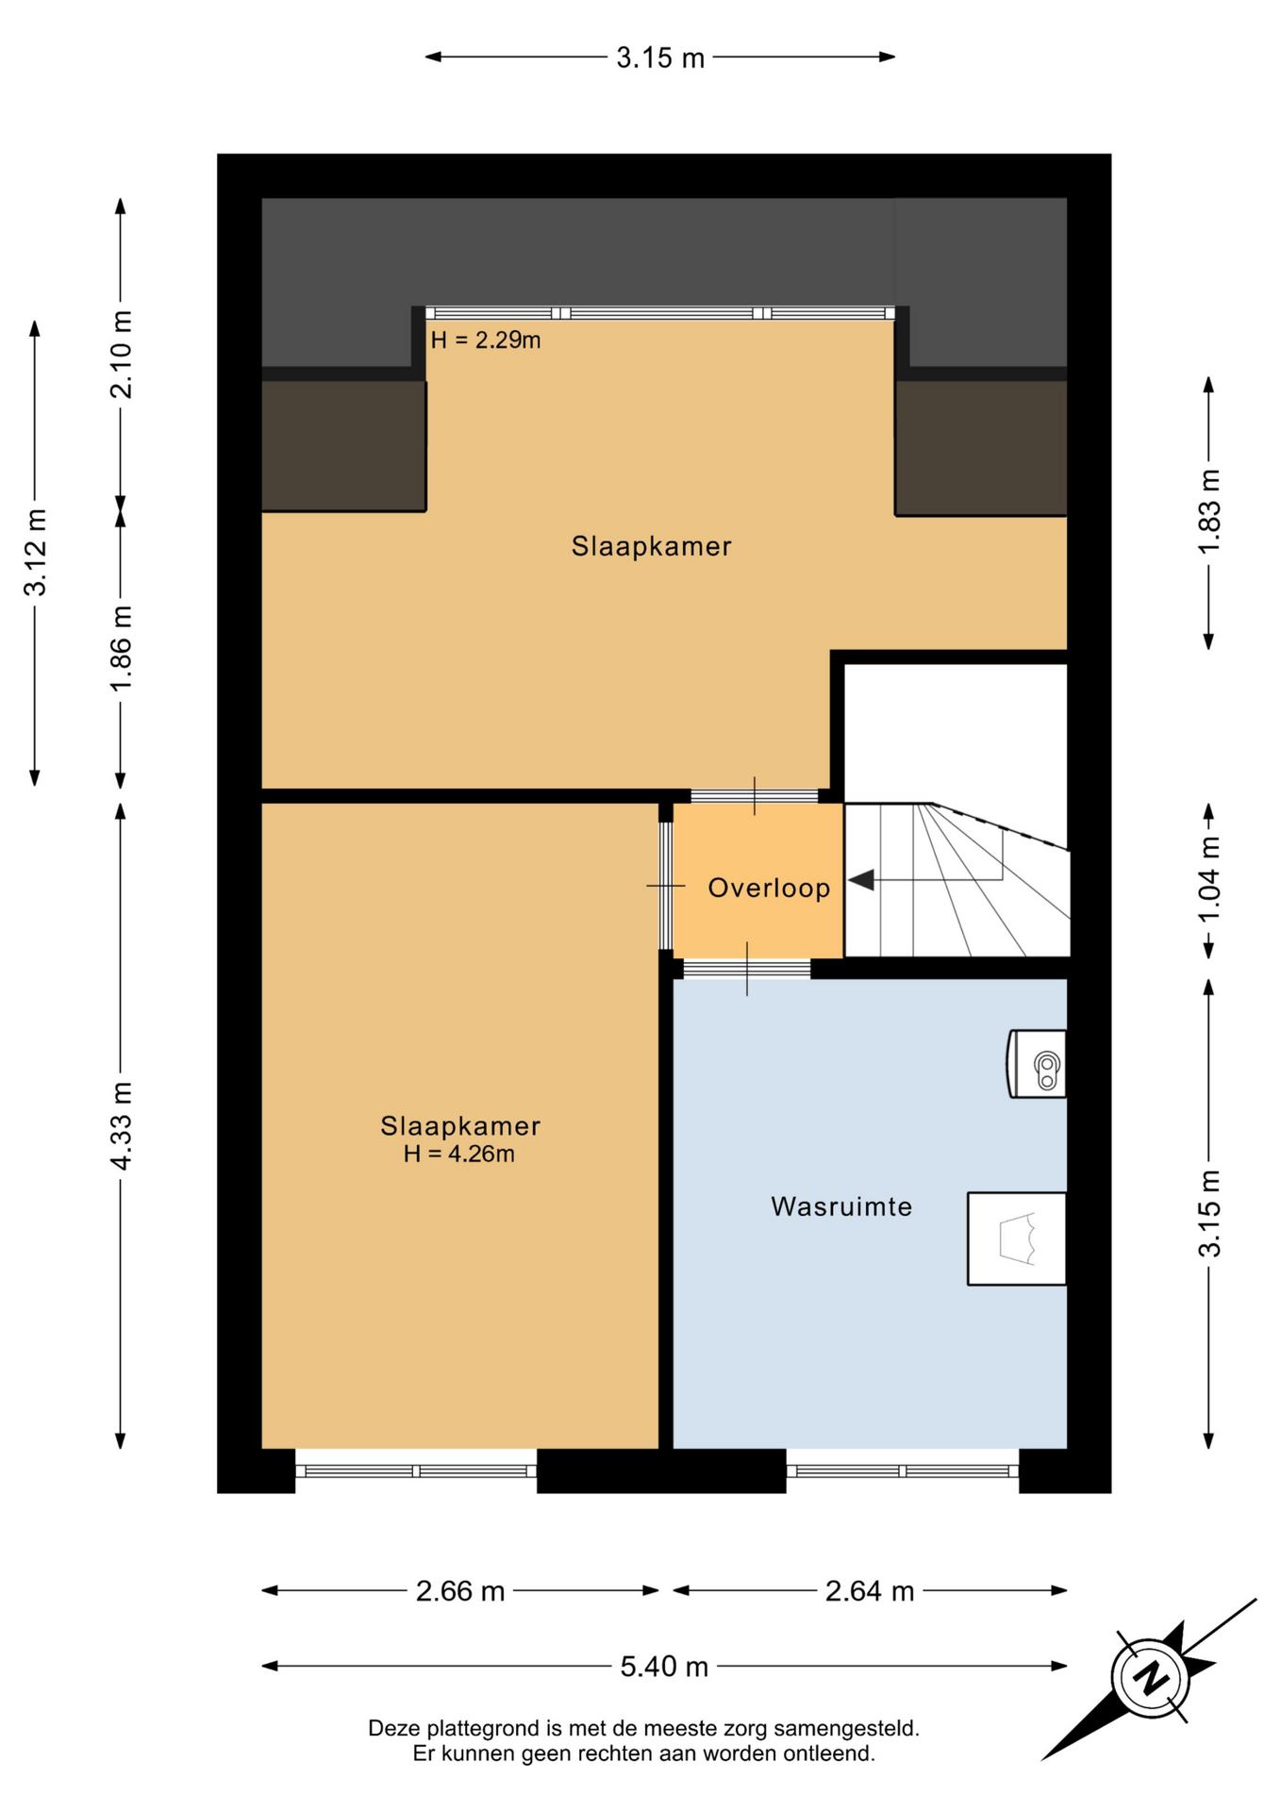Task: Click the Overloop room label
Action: click(x=769, y=888)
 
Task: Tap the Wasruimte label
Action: click(x=841, y=1206)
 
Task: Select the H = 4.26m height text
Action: click(x=459, y=1154)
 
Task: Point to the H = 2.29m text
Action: click(x=486, y=340)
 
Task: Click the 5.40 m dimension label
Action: click(x=664, y=1667)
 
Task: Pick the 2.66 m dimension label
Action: click(x=460, y=1591)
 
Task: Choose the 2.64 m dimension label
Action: click(x=870, y=1591)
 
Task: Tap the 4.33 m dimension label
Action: click(x=122, y=1126)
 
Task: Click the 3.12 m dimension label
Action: click(x=36, y=553)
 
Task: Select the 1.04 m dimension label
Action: click(x=1209, y=881)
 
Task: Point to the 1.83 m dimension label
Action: click(x=1209, y=512)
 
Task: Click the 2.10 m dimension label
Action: click(x=122, y=354)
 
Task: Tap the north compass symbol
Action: click(x=1150, y=1679)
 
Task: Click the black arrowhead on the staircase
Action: click(x=861, y=880)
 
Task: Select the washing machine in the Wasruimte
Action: click(x=1017, y=1238)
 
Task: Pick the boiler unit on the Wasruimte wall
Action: click(x=1037, y=1064)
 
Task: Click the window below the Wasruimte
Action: click(x=903, y=1470)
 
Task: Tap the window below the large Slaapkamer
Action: click(x=416, y=1470)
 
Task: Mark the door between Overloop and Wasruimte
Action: click(x=747, y=969)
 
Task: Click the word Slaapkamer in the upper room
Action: click(x=652, y=546)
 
